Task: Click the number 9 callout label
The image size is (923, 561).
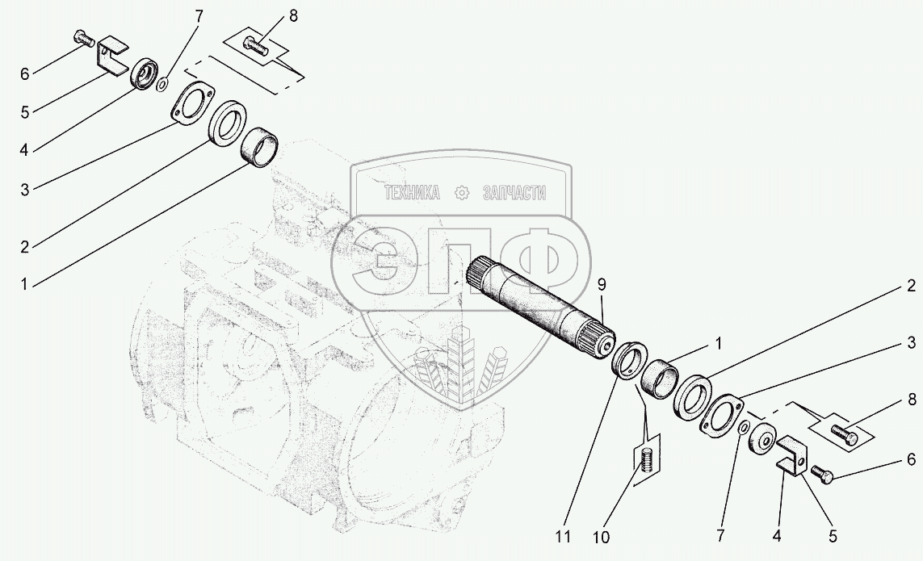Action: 601,285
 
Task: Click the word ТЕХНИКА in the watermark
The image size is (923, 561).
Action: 412,193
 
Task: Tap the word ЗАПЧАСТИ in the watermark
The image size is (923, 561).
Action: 514,193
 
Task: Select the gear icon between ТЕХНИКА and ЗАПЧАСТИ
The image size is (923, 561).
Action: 462,193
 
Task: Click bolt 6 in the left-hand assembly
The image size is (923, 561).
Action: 83,36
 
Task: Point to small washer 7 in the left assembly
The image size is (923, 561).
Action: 162,82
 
